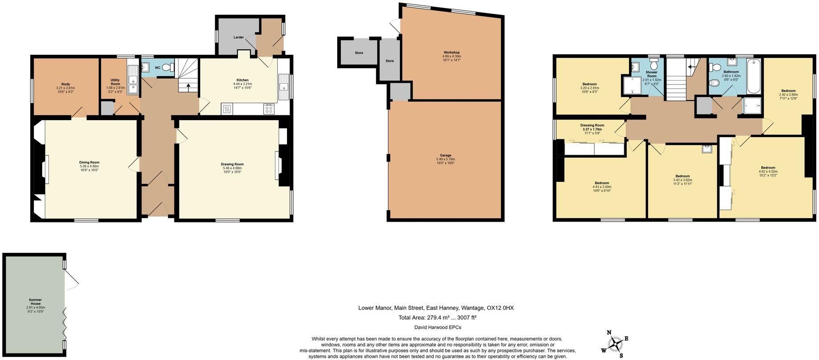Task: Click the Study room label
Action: coord(65,84)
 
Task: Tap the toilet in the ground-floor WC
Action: coord(168,68)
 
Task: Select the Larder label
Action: coord(238,37)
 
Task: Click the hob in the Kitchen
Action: coord(269,109)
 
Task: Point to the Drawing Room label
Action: coord(232,164)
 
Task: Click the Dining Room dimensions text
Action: coord(89,168)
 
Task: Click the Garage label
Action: coord(445,155)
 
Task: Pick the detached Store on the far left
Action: coord(359,53)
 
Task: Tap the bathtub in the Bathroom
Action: coord(754,76)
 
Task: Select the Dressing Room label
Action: coord(592,125)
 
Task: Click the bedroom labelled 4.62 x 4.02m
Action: coord(767,168)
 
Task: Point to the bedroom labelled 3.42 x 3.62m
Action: coord(682,176)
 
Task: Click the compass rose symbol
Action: coord(615,344)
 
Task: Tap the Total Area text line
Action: coord(437,318)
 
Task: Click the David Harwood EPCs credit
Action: coord(437,328)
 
